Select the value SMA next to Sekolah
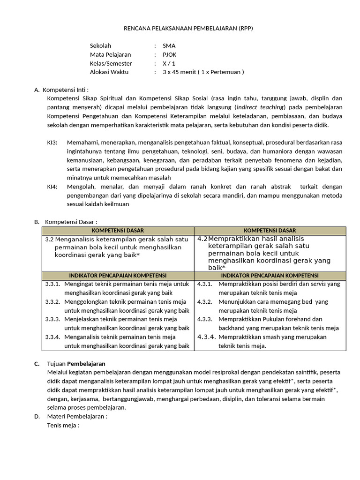click(x=169, y=46)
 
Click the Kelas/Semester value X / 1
click(x=169, y=63)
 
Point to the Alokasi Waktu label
click(x=109, y=72)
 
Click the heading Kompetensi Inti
click(x=65, y=90)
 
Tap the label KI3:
click(x=52, y=142)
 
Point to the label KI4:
click(x=52, y=187)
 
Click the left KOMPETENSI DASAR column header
click(x=118, y=231)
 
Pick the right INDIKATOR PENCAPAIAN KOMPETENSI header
click(x=270, y=276)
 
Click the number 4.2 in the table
click(x=202, y=239)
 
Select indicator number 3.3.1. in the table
click(x=53, y=284)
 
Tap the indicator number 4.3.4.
click(x=206, y=337)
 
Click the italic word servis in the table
click(x=319, y=284)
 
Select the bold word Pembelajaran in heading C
click(x=86, y=363)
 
